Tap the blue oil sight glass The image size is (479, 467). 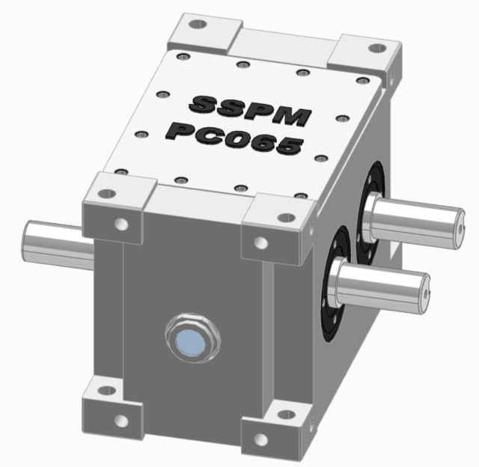192,344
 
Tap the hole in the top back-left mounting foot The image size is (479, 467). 197,25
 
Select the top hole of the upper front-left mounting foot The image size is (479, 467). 107,194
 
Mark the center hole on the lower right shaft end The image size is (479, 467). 427,296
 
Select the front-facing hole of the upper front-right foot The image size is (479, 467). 260,242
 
